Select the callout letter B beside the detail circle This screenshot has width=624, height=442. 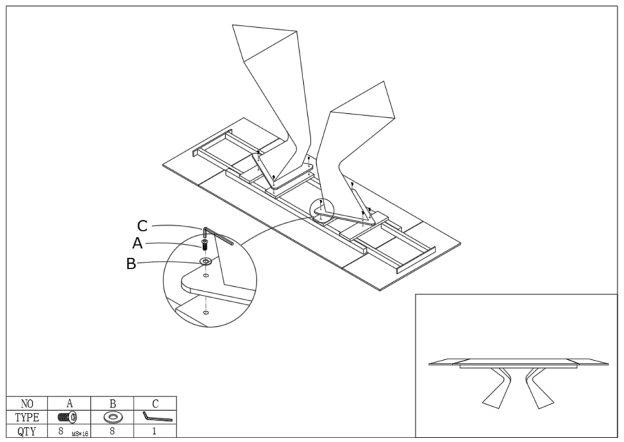pos(132,264)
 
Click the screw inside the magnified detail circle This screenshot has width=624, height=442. pos(203,244)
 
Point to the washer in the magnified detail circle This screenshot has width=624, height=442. pos(205,260)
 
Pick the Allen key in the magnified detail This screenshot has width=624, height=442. pos(218,235)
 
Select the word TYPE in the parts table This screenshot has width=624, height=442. pos(27,416)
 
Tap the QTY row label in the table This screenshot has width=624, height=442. pos(27,430)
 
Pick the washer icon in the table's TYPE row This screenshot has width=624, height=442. pos(112,416)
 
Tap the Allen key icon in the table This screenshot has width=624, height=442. pos(156,417)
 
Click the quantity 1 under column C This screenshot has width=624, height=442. pos(155,430)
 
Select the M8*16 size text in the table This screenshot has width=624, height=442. pos(80,433)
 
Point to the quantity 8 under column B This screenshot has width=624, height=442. pos(112,430)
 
